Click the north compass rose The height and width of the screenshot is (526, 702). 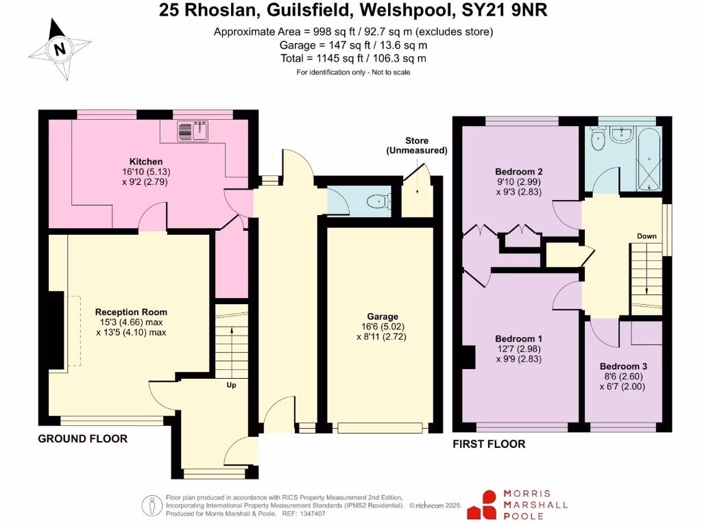coord(61,49)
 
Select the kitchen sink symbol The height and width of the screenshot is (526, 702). coord(193,130)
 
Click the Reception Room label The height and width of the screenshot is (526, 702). coord(130,311)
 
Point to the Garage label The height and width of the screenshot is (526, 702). coord(382,316)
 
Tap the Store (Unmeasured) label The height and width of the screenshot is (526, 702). coord(416,145)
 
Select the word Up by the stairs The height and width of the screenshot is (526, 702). coord(232,385)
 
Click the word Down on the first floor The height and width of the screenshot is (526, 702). coord(646,236)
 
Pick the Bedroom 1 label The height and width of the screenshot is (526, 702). coord(519,338)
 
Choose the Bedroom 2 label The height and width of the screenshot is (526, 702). coord(519,171)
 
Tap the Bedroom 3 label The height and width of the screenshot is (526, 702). coord(623,366)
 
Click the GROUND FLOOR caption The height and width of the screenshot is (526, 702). coord(82,438)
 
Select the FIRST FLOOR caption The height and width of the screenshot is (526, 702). coord(489,444)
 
